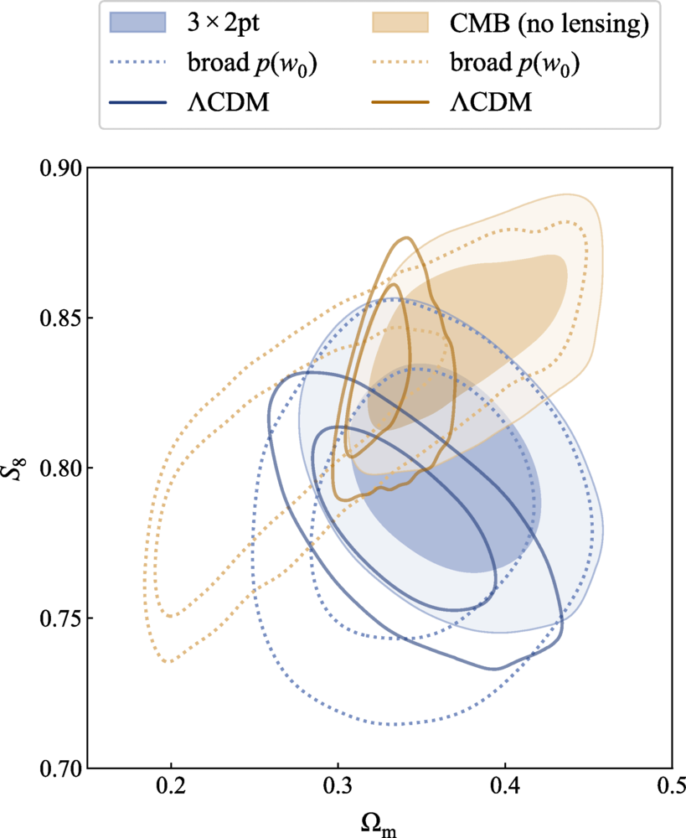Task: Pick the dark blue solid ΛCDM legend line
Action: coord(147,103)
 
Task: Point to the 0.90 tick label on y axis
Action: coord(59,168)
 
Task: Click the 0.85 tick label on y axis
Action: coord(59,318)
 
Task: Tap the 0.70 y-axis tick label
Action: coord(59,768)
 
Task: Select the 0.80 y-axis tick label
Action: coord(59,468)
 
